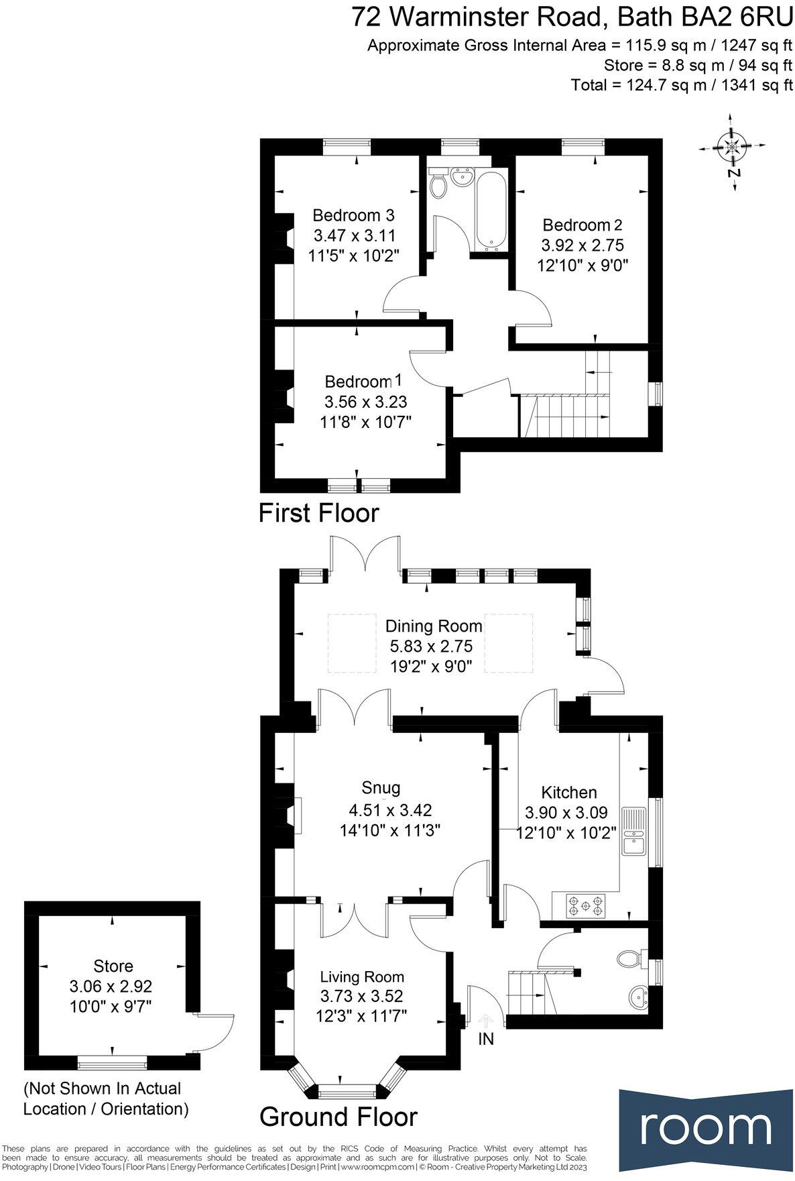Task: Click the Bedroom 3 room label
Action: click(353, 215)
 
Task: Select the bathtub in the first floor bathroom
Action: click(491, 209)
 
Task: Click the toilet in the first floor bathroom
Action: click(438, 185)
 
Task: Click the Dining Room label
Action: click(434, 626)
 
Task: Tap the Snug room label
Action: click(381, 787)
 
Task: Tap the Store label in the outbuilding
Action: click(113, 966)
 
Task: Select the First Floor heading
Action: click(319, 513)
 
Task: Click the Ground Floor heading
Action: click(338, 1117)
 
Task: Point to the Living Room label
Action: click(362, 976)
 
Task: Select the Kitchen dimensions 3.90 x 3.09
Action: click(566, 813)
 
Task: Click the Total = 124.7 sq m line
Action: click(682, 85)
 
